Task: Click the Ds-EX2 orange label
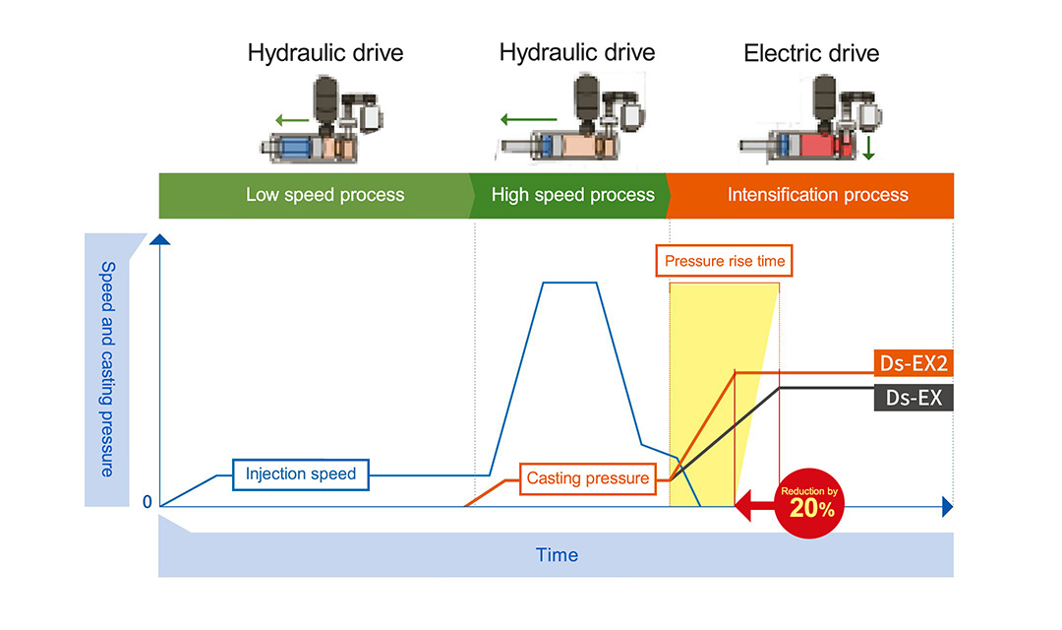click(x=913, y=363)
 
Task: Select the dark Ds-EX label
click(x=913, y=397)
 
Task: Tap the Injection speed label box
click(x=301, y=474)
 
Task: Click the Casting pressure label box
click(x=588, y=478)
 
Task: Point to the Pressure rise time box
click(x=725, y=261)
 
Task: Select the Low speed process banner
click(x=324, y=195)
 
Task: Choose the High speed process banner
click(x=572, y=195)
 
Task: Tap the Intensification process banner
click(x=816, y=195)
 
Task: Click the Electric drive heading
click(x=811, y=53)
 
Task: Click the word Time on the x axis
click(x=557, y=554)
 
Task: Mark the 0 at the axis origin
click(x=147, y=502)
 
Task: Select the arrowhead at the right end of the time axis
click(x=948, y=507)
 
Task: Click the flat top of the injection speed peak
click(x=569, y=283)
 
